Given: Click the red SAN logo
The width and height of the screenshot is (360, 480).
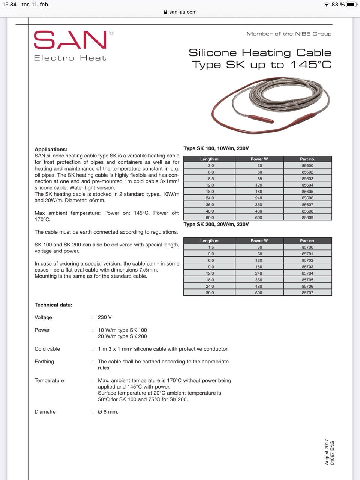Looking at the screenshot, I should [x=70, y=40].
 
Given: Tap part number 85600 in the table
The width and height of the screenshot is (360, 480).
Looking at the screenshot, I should [x=307, y=166].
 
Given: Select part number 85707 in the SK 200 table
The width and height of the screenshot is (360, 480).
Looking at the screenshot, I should [x=307, y=293].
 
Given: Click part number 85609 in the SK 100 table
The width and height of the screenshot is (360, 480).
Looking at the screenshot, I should [x=307, y=217].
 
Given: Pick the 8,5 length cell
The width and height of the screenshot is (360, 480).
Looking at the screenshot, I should [x=211, y=179].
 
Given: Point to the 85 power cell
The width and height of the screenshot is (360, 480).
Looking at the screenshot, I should [x=259, y=179].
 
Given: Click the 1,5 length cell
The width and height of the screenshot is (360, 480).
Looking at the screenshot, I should [x=211, y=247].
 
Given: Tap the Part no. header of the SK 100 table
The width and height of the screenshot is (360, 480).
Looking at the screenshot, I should [x=307, y=159].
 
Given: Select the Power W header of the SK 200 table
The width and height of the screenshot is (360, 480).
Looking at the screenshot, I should [x=259, y=241].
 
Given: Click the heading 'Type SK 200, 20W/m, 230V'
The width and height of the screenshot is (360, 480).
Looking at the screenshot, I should [x=216, y=225].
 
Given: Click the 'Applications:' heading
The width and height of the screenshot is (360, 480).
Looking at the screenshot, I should [x=51, y=149].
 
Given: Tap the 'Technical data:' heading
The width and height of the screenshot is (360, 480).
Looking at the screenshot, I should [x=53, y=305].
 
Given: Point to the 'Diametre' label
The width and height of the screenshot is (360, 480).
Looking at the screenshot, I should [x=45, y=412].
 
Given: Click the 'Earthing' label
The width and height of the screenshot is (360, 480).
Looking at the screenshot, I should [x=44, y=361].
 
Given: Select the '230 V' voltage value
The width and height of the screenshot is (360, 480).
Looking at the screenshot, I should [x=105, y=317].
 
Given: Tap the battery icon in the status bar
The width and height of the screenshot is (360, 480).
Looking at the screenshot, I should [x=351, y=4].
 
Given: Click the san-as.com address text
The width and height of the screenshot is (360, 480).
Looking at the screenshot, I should [x=183, y=12].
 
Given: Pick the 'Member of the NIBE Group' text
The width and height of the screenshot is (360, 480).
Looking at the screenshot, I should [x=289, y=34].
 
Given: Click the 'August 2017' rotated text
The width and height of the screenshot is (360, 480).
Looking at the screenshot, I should [x=327, y=452].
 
